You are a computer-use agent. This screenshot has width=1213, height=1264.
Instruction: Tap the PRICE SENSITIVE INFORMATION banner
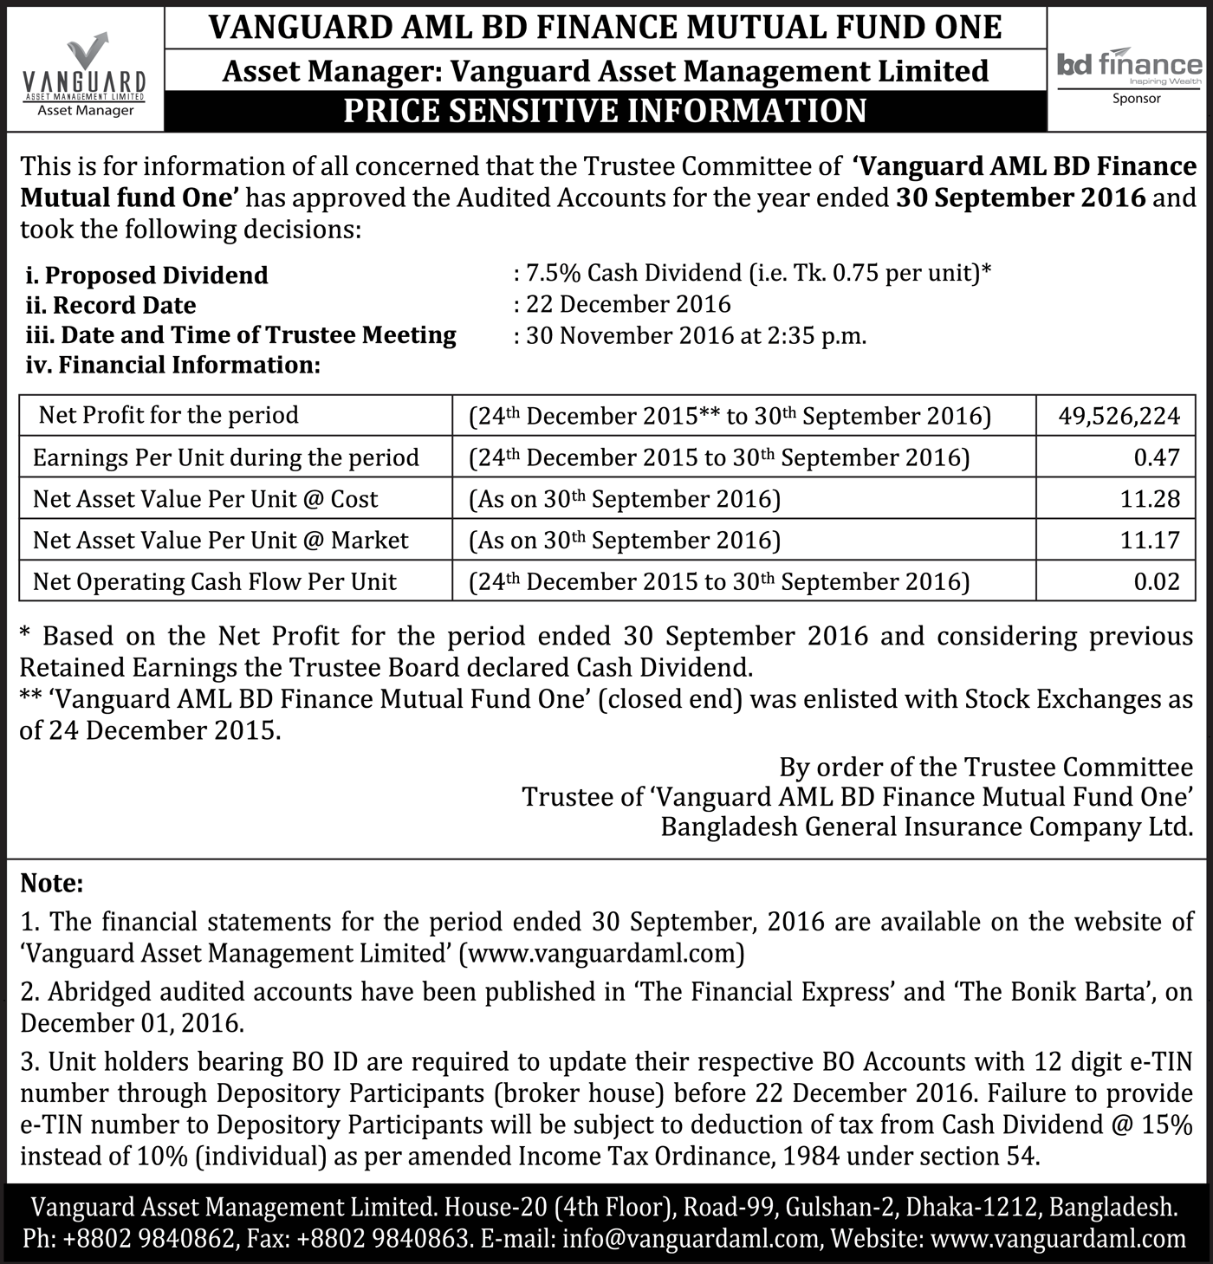coord(605,111)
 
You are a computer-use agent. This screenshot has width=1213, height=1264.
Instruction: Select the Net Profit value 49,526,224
coord(1119,416)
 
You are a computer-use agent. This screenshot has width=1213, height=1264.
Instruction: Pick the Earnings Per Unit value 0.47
coord(1157,457)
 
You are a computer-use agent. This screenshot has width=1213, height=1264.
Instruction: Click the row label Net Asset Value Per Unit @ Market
coord(220,541)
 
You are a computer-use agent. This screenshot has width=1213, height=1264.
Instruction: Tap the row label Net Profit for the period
coord(168,415)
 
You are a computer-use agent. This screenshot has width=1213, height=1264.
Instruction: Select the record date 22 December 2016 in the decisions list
coord(628,304)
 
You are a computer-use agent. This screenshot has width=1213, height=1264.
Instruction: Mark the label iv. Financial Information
coord(173,365)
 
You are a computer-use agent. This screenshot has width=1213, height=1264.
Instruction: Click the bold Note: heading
coord(52,884)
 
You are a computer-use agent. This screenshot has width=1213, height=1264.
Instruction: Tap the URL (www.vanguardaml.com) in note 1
coord(601,954)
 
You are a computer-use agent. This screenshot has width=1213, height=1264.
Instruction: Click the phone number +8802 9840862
coord(148,1239)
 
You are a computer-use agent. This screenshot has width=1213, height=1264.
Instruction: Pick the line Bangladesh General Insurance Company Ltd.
coord(926,827)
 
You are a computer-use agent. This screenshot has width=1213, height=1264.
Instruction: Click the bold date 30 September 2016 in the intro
coord(1021,198)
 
